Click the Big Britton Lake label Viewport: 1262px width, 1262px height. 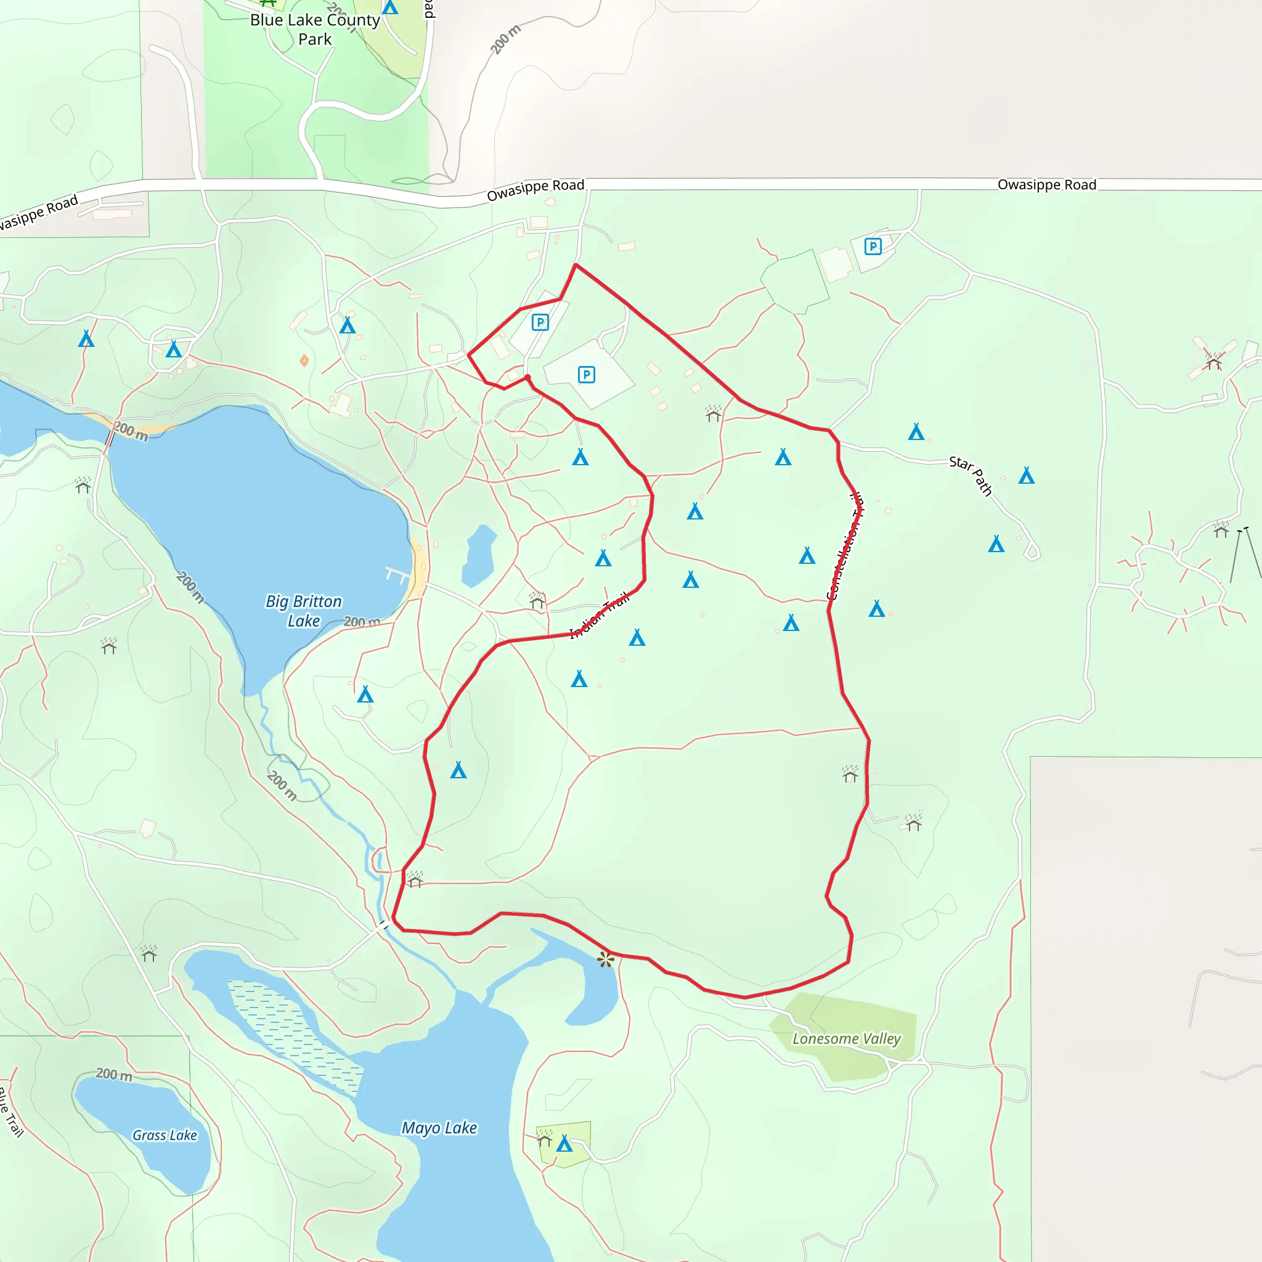304,611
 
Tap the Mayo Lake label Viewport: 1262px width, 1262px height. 439,1128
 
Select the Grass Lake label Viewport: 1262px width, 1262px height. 165,1135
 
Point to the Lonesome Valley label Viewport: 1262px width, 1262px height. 847,1038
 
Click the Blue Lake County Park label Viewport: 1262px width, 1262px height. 315,30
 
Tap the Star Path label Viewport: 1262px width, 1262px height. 971,475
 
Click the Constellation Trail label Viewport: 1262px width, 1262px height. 845,546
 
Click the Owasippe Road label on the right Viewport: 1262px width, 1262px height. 1046,185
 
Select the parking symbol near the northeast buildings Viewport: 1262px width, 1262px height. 873,246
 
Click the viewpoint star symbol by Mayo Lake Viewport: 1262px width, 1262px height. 606,959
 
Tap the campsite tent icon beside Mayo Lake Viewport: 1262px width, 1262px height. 564,1144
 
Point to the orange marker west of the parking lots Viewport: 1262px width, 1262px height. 304,360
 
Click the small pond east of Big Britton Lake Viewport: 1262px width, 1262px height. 479,556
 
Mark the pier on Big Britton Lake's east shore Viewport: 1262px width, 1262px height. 398,576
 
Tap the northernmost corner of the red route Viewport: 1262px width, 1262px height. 576,264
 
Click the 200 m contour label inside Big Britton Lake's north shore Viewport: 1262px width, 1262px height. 131,431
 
